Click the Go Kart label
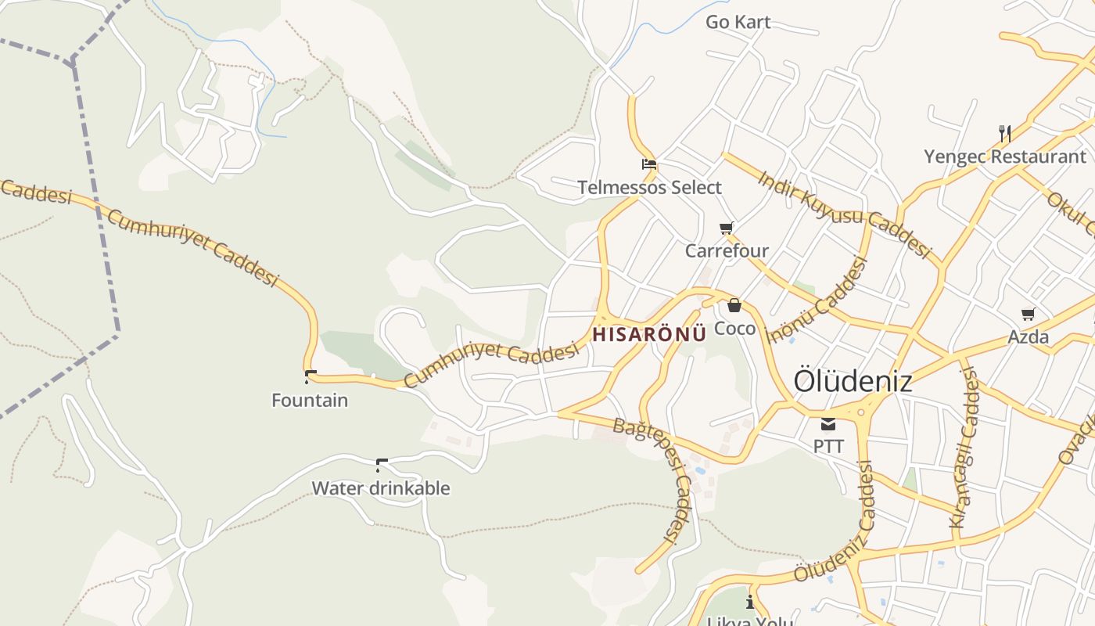point(738,22)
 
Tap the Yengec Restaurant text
point(1005,156)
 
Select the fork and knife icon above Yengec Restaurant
point(1005,134)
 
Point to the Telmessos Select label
point(649,188)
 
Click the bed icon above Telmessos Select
point(649,164)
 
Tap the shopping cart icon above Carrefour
point(727,228)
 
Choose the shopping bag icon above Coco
point(734,305)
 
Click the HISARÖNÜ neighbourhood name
point(649,334)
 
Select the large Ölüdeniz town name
point(853,381)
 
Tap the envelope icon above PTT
point(828,425)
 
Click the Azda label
point(1028,337)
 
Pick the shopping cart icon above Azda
point(1028,315)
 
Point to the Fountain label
point(310,401)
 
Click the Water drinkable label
point(381,488)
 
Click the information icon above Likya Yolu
point(750,602)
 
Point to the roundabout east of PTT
point(861,412)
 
